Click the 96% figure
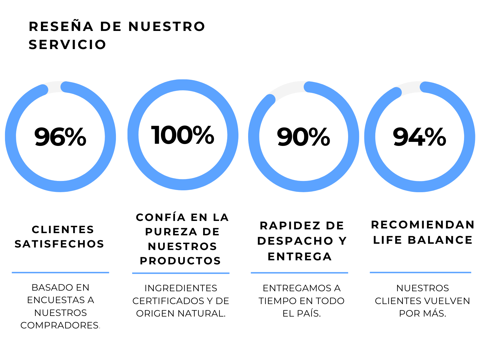click(60, 137)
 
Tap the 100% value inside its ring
click(183, 135)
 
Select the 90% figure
click(303, 137)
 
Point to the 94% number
click(419, 137)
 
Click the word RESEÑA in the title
click(61, 27)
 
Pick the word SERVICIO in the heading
click(67, 45)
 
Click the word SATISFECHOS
click(59, 244)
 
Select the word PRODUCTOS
click(180, 261)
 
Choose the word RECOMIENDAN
click(422, 224)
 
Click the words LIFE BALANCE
click(423, 240)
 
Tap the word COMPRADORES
click(59, 325)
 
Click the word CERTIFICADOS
click(168, 301)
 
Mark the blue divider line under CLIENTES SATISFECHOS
click(60, 272)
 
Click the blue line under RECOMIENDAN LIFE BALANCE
click(420, 272)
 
